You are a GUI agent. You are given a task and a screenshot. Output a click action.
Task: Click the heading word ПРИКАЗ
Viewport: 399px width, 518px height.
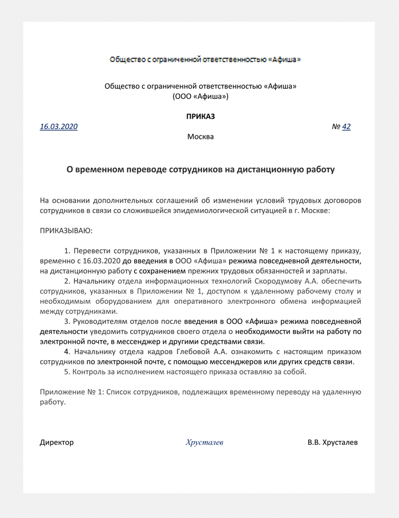pyautogui.click(x=200, y=116)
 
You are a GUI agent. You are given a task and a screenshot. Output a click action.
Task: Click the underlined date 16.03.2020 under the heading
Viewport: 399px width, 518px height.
pyautogui.click(x=59, y=126)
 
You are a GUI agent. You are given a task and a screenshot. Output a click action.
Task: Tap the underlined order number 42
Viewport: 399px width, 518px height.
pyautogui.click(x=346, y=126)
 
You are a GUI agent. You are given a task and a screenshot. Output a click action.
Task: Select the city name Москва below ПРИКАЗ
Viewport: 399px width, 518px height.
pyautogui.click(x=200, y=137)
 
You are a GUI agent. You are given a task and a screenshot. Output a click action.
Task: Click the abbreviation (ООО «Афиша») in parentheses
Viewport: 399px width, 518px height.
pyautogui.click(x=200, y=97)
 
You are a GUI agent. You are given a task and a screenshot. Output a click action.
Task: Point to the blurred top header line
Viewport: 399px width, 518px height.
pyautogui.click(x=204, y=59)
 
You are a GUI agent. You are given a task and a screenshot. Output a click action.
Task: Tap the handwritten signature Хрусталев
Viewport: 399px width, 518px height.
pyautogui.click(x=204, y=442)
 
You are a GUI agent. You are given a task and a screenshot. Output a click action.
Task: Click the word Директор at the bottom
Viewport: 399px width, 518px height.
pyautogui.click(x=57, y=442)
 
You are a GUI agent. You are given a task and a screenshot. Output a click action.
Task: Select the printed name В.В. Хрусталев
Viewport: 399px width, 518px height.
pyautogui.click(x=333, y=442)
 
